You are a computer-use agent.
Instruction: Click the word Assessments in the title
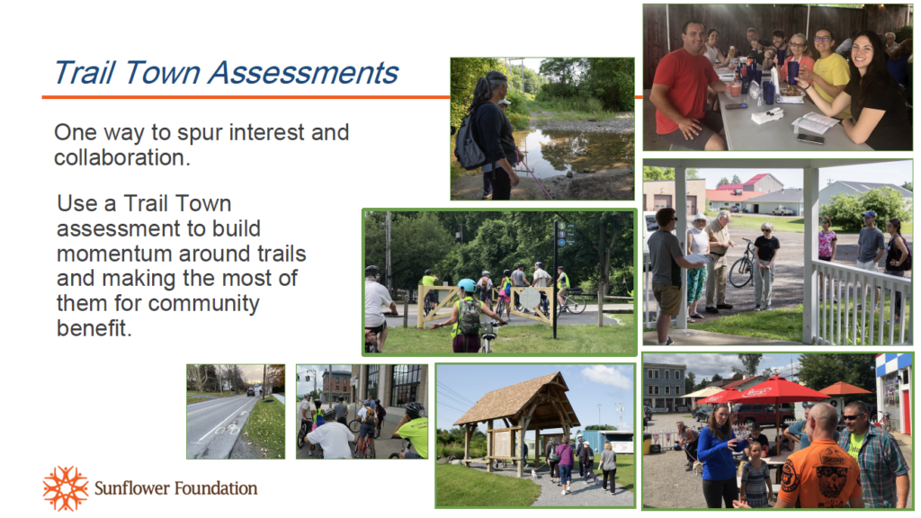(x=303, y=73)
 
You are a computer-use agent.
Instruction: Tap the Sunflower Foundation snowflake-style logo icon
(x=65, y=488)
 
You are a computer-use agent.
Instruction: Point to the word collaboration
(x=122, y=157)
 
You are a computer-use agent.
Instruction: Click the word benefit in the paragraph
(x=94, y=327)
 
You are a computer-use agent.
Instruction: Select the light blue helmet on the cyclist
(x=467, y=285)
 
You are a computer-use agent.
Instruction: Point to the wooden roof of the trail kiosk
(x=513, y=400)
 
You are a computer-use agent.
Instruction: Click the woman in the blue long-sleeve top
(x=719, y=456)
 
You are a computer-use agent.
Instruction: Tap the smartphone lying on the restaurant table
(x=810, y=139)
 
